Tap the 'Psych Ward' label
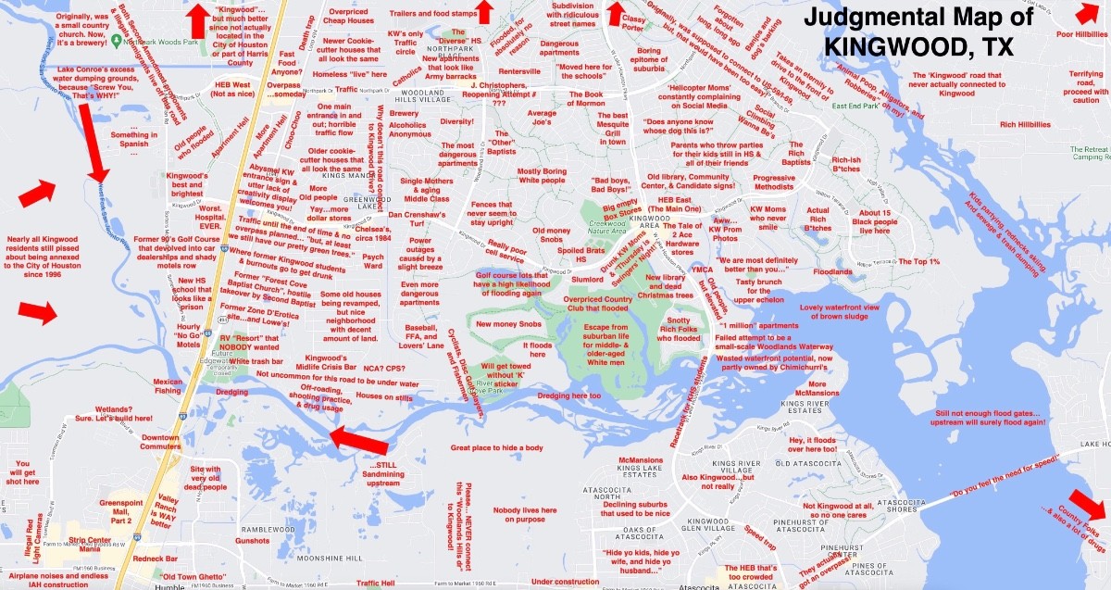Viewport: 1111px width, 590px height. (x=373, y=261)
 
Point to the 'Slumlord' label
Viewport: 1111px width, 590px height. (x=588, y=279)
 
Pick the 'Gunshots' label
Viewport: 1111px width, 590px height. (x=252, y=540)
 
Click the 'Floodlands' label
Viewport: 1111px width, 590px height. (x=831, y=272)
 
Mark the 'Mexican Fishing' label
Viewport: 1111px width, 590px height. (x=168, y=386)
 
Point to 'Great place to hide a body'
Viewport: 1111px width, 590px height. (x=496, y=448)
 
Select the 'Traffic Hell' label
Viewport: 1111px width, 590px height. (x=376, y=583)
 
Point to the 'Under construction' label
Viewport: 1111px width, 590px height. (x=566, y=582)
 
